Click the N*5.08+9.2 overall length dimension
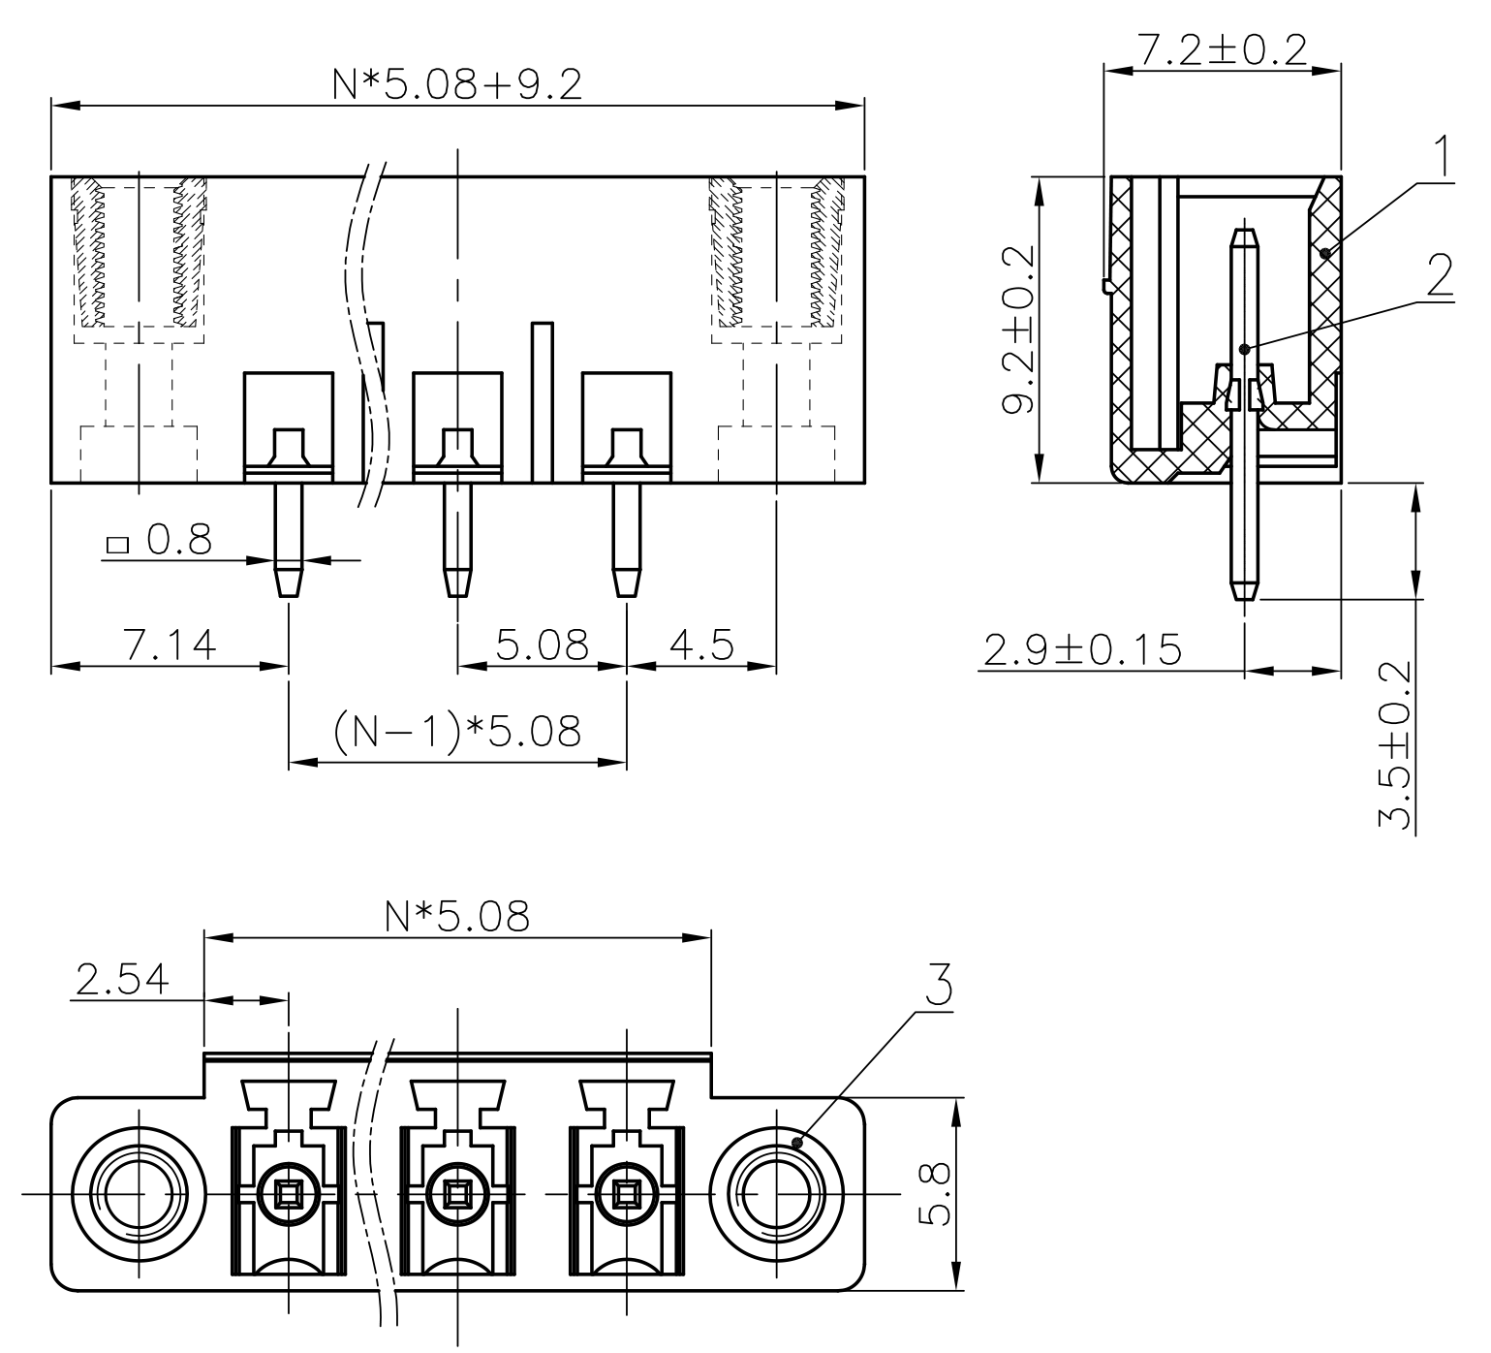click(456, 85)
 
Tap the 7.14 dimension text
click(170, 645)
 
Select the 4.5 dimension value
click(701, 645)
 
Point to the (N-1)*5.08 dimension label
click(457, 733)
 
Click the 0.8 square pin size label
click(178, 541)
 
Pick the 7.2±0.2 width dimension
click(1222, 50)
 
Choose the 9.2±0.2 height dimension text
click(1017, 330)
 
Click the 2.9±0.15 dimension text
click(1082, 650)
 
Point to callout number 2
click(1440, 276)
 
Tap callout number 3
click(936, 985)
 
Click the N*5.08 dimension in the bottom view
click(457, 916)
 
